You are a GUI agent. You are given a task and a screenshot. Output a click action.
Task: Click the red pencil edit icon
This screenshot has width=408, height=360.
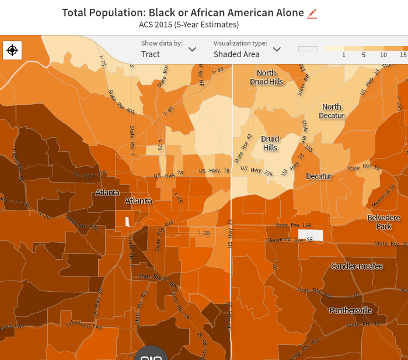click(312, 13)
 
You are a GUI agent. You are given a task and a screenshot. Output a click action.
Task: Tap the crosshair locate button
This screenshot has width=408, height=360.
click(12, 50)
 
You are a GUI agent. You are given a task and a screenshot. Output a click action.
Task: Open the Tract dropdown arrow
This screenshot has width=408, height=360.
click(192, 50)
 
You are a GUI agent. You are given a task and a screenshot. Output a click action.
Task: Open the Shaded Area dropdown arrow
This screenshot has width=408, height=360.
click(277, 50)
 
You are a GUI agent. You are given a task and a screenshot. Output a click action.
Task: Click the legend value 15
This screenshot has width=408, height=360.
click(403, 54)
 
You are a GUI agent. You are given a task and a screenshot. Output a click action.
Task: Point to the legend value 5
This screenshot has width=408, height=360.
click(363, 54)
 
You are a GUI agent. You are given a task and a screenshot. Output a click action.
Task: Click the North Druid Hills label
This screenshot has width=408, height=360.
click(266, 77)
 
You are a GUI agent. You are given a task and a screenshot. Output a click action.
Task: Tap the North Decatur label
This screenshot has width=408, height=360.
click(332, 111)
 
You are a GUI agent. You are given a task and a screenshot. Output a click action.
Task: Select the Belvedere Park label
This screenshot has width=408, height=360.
click(383, 222)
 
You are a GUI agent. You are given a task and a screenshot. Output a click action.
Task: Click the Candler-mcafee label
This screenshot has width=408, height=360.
click(357, 266)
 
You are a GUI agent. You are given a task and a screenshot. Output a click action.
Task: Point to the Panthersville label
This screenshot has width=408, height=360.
click(350, 310)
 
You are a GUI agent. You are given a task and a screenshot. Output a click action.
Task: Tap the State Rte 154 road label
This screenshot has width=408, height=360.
click(293, 225)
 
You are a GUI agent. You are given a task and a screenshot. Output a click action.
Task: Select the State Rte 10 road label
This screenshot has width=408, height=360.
click(364, 167)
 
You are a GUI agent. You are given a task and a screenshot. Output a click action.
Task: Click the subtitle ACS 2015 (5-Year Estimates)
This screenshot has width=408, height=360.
click(189, 25)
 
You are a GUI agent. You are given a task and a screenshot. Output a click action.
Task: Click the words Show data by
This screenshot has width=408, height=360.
click(162, 43)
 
